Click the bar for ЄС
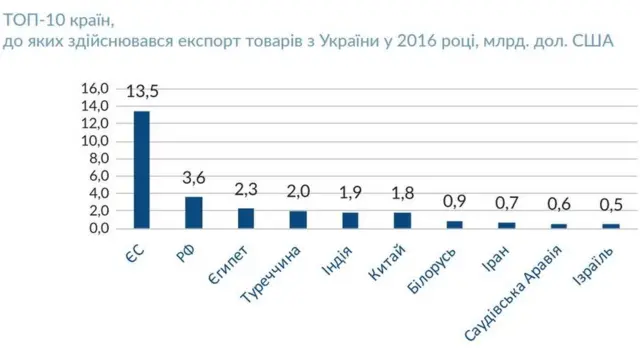click(x=142, y=169)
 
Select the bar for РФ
click(x=194, y=212)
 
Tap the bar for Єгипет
click(x=246, y=218)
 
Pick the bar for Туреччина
click(x=298, y=219)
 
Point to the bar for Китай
click(x=402, y=220)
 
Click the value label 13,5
click(x=143, y=93)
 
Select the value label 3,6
click(x=194, y=179)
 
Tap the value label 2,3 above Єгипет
click(x=246, y=190)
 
